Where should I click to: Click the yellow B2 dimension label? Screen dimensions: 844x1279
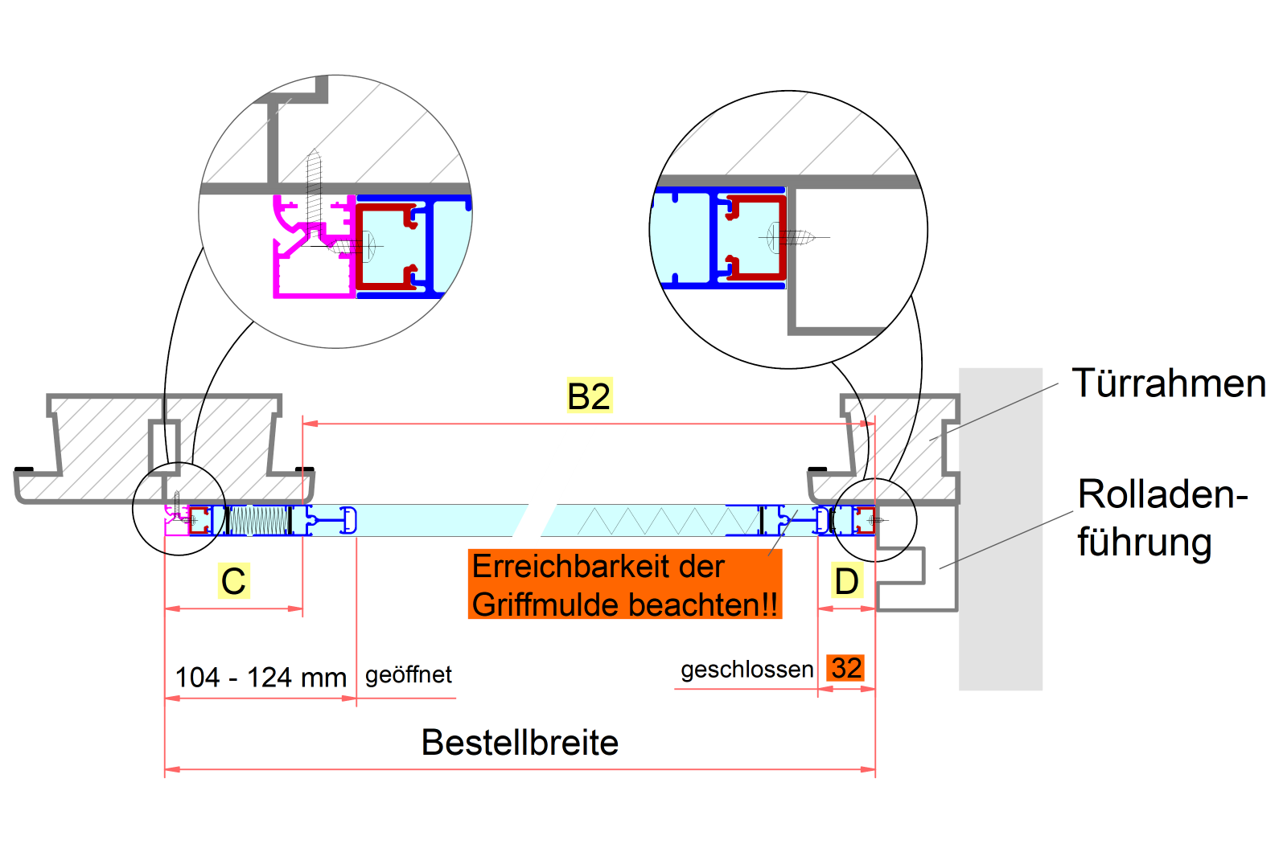coord(589,395)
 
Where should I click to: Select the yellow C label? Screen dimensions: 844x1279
coord(233,581)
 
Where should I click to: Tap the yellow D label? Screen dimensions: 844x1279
coord(846,581)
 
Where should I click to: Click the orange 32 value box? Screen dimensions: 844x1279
coord(846,668)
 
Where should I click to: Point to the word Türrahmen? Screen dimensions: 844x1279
coord(1169,383)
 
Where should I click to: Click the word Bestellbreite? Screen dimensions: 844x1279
coord(520,743)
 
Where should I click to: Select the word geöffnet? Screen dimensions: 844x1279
coord(409,674)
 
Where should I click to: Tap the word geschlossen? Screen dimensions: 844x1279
coord(746,670)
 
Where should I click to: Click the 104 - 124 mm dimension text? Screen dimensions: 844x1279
coord(261,678)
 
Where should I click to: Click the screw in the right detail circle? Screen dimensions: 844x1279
coord(792,237)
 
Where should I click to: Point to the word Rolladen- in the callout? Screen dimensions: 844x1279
coord(1162,494)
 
